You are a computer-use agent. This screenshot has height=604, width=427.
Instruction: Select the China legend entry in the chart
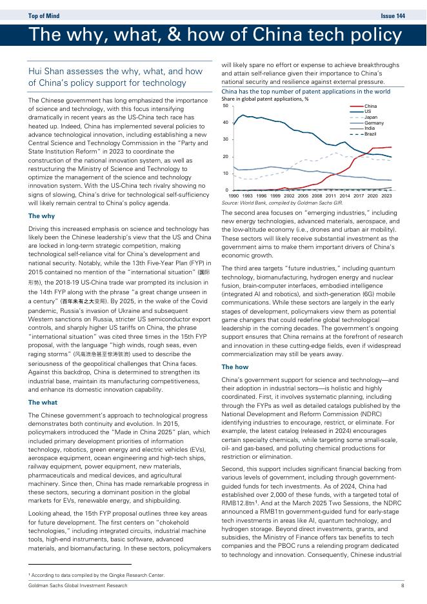tap(370, 106)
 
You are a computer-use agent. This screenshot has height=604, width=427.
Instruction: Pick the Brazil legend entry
tap(370, 134)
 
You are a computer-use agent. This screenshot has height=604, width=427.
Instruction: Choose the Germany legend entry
tap(374, 123)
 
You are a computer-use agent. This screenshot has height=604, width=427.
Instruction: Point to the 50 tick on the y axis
tap(225, 105)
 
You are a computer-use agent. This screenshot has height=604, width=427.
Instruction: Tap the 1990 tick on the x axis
tap(233, 195)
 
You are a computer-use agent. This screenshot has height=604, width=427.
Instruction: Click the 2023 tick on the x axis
tap(386, 195)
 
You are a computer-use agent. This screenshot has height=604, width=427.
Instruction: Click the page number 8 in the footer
tap(402, 585)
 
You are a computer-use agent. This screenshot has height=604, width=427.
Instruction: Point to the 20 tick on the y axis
tap(225, 157)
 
